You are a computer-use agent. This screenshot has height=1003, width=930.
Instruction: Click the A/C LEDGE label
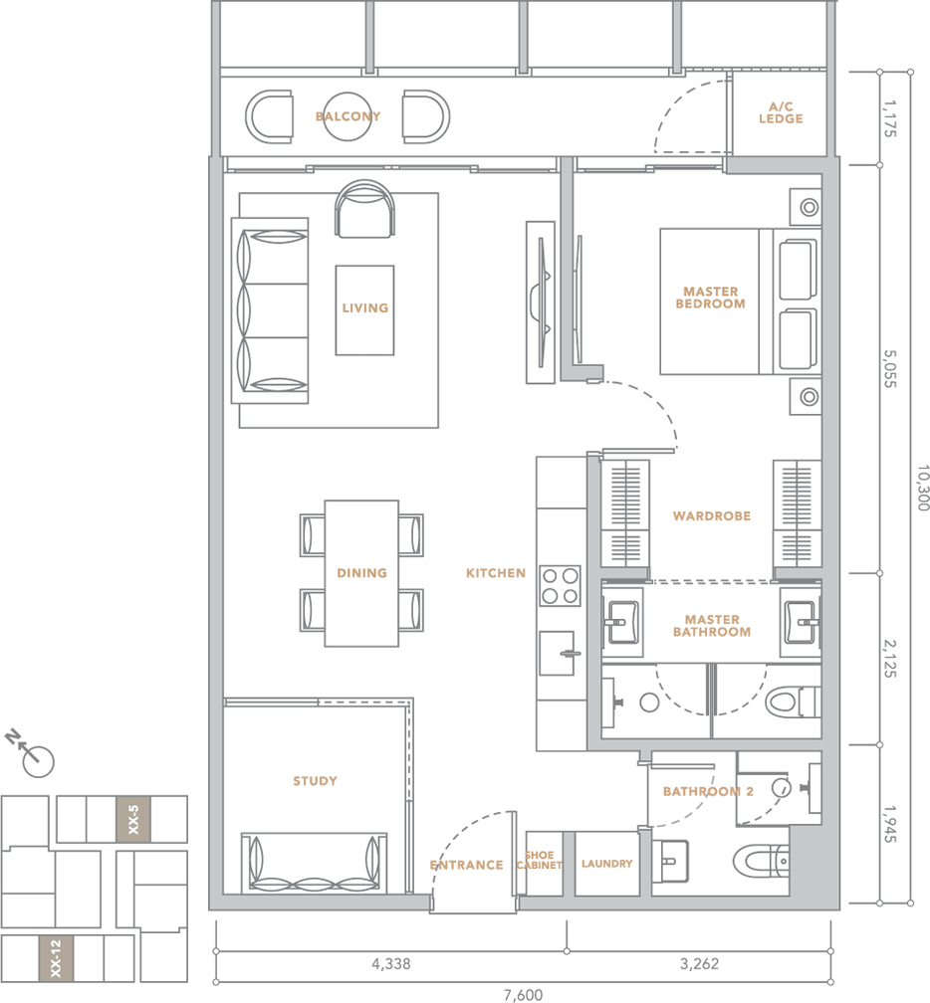[781, 112]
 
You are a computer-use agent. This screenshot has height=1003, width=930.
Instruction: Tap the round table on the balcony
[347, 116]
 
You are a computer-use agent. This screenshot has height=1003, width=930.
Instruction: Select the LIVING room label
[364, 308]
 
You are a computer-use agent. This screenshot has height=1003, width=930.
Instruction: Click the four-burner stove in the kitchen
[560, 585]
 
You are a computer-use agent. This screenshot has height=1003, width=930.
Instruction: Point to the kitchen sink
[557, 653]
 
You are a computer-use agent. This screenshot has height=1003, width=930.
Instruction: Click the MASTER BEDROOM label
[711, 298]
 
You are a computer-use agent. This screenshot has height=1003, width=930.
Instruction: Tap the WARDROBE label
[712, 516]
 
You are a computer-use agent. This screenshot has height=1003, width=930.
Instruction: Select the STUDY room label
[315, 781]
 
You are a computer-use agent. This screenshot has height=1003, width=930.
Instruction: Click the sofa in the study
[314, 863]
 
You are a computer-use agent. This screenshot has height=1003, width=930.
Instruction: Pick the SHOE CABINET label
[539, 861]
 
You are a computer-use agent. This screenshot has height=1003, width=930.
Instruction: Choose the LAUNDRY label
[606, 864]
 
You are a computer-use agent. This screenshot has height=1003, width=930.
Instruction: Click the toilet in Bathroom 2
[761, 861]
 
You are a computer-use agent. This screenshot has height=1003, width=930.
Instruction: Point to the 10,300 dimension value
[922, 488]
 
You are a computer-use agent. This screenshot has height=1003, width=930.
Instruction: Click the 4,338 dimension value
[391, 964]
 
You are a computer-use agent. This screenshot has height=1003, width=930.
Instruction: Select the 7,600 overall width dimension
[523, 995]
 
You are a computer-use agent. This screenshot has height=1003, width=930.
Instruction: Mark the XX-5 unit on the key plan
[133, 820]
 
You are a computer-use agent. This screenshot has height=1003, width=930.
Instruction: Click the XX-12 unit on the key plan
[56, 958]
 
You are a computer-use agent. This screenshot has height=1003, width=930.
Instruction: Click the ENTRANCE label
[467, 866]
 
